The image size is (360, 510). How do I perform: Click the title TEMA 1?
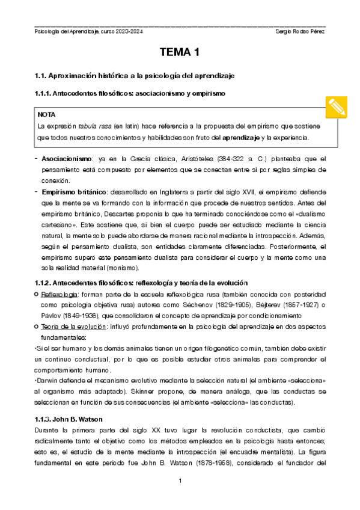click(x=179, y=54)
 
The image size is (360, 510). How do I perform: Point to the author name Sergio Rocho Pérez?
click(x=299, y=31)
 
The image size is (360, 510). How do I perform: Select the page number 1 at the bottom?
click(x=179, y=481)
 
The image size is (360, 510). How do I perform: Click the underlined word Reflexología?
click(x=58, y=293)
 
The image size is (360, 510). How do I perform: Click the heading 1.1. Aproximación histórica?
click(x=141, y=76)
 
